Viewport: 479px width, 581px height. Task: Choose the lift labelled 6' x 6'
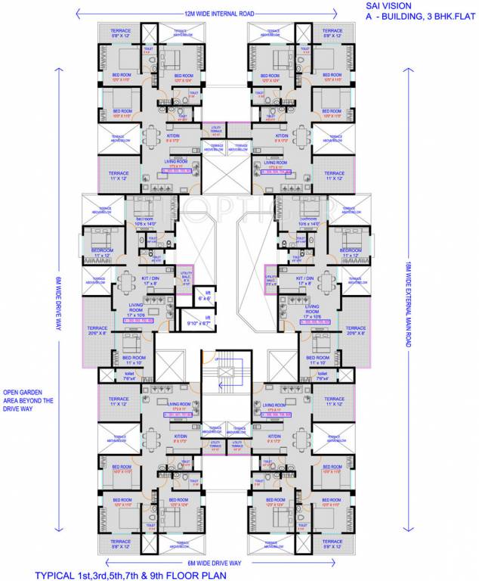pyautogui.click(x=202, y=294)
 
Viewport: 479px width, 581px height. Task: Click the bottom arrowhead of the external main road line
pyautogui.click(x=409, y=530)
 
